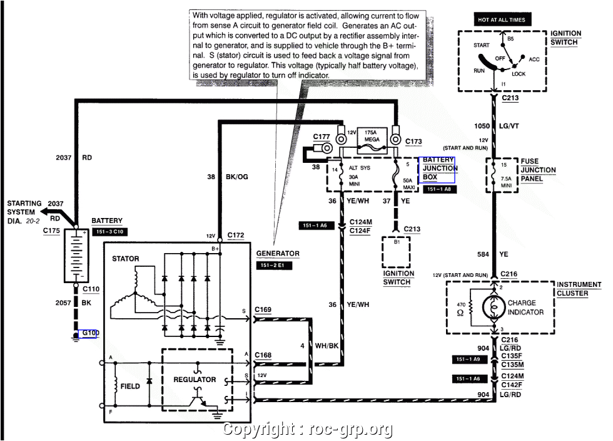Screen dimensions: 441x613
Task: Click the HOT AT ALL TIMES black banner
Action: click(502, 19)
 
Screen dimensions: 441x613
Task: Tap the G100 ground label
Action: click(89, 333)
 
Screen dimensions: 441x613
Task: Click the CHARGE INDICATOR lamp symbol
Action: click(493, 307)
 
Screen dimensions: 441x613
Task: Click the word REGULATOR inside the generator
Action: click(195, 380)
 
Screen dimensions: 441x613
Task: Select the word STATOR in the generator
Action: click(125, 259)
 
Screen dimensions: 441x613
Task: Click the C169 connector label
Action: click(263, 309)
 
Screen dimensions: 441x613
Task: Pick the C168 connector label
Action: click(263, 355)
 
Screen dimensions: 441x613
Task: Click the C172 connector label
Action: click(236, 236)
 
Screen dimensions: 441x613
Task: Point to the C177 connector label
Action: click(322, 136)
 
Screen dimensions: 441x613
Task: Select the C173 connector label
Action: click(413, 142)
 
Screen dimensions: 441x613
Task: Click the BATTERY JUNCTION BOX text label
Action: click(440, 169)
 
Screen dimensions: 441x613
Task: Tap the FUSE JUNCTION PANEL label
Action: click(538, 170)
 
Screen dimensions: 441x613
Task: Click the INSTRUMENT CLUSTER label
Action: click(579, 289)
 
